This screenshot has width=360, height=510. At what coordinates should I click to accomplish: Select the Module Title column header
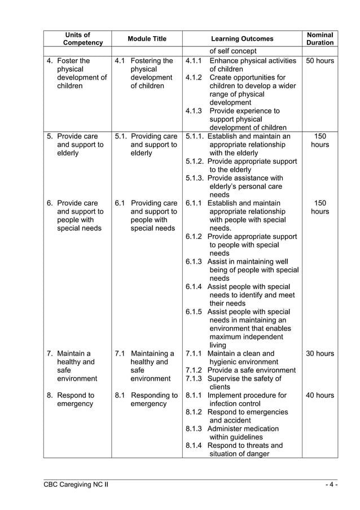point(147,39)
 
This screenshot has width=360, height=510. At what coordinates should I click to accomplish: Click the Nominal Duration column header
point(320,39)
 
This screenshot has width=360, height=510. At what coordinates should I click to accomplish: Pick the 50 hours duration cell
point(320,61)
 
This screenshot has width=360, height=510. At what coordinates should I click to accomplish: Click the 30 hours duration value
point(320,354)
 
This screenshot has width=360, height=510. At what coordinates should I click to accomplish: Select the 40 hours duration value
point(320,396)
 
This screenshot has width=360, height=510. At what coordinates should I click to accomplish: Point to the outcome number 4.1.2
point(194,77)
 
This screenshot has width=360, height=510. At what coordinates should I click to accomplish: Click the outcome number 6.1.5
point(194,312)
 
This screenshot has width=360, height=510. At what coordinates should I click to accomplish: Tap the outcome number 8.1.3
point(194,429)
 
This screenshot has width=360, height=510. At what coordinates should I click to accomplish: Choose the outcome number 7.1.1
point(194,354)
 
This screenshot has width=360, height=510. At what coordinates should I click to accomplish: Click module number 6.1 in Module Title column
point(120,203)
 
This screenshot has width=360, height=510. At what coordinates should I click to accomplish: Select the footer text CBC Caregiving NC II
point(77,485)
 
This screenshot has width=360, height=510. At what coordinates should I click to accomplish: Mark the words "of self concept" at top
point(233,52)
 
